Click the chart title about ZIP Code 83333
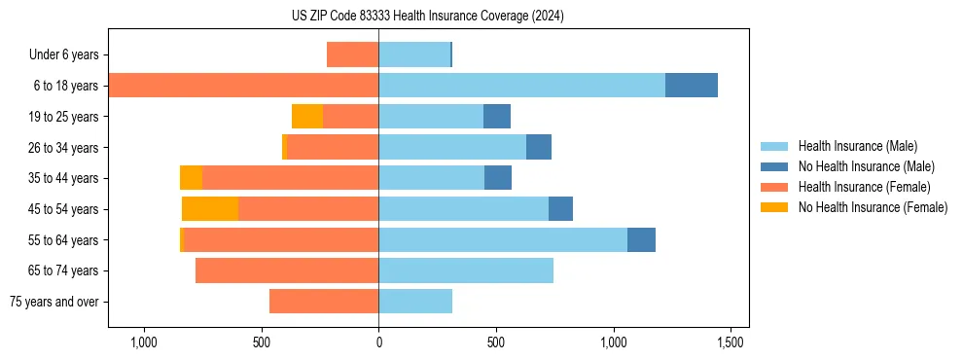(427, 17)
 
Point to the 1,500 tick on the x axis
(731, 342)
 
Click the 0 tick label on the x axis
(378, 342)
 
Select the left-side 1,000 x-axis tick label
(143, 342)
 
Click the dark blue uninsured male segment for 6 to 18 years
(692, 86)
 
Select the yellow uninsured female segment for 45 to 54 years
(210, 208)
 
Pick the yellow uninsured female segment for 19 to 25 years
(307, 117)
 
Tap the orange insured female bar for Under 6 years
(352, 55)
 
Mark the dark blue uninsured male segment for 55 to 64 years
(641, 239)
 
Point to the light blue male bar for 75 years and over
(415, 302)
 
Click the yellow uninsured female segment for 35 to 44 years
(191, 178)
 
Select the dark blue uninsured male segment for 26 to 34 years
(539, 147)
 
